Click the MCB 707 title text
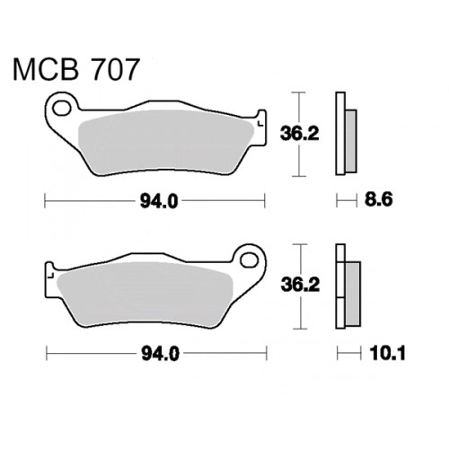coord(76,69)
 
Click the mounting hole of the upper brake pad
coord(62,108)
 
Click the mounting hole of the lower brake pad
coord(250,260)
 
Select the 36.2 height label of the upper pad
coord(300,134)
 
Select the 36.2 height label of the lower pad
coord(300,285)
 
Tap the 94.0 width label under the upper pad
coord(159,201)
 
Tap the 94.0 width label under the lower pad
coord(161,355)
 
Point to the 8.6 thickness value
coord(378,199)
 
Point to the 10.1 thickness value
coord(388,354)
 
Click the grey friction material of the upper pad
coord(164,142)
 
